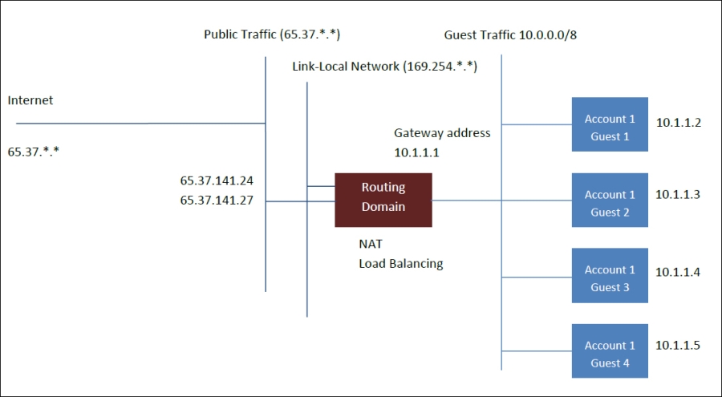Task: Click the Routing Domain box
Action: [x=383, y=197]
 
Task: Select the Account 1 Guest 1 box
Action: [x=610, y=125]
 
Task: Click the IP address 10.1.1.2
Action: [x=678, y=123]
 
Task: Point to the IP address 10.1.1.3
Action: [x=678, y=194]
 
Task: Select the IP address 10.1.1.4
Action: [x=678, y=272]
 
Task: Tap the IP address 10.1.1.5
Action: [x=678, y=345]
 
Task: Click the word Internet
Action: [x=30, y=100]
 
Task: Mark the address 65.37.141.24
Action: [x=217, y=181]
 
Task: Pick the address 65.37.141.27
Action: [x=217, y=201]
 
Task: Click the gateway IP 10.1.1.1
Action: [x=417, y=152]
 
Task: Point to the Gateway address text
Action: [x=442, y=133]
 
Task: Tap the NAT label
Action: [x=371, y=243]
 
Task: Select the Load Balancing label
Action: [x=400, y=263]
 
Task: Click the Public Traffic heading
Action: [x=273, y=34]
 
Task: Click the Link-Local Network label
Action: [x=384, y=67]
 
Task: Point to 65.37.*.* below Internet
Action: [x=34, y=150]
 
